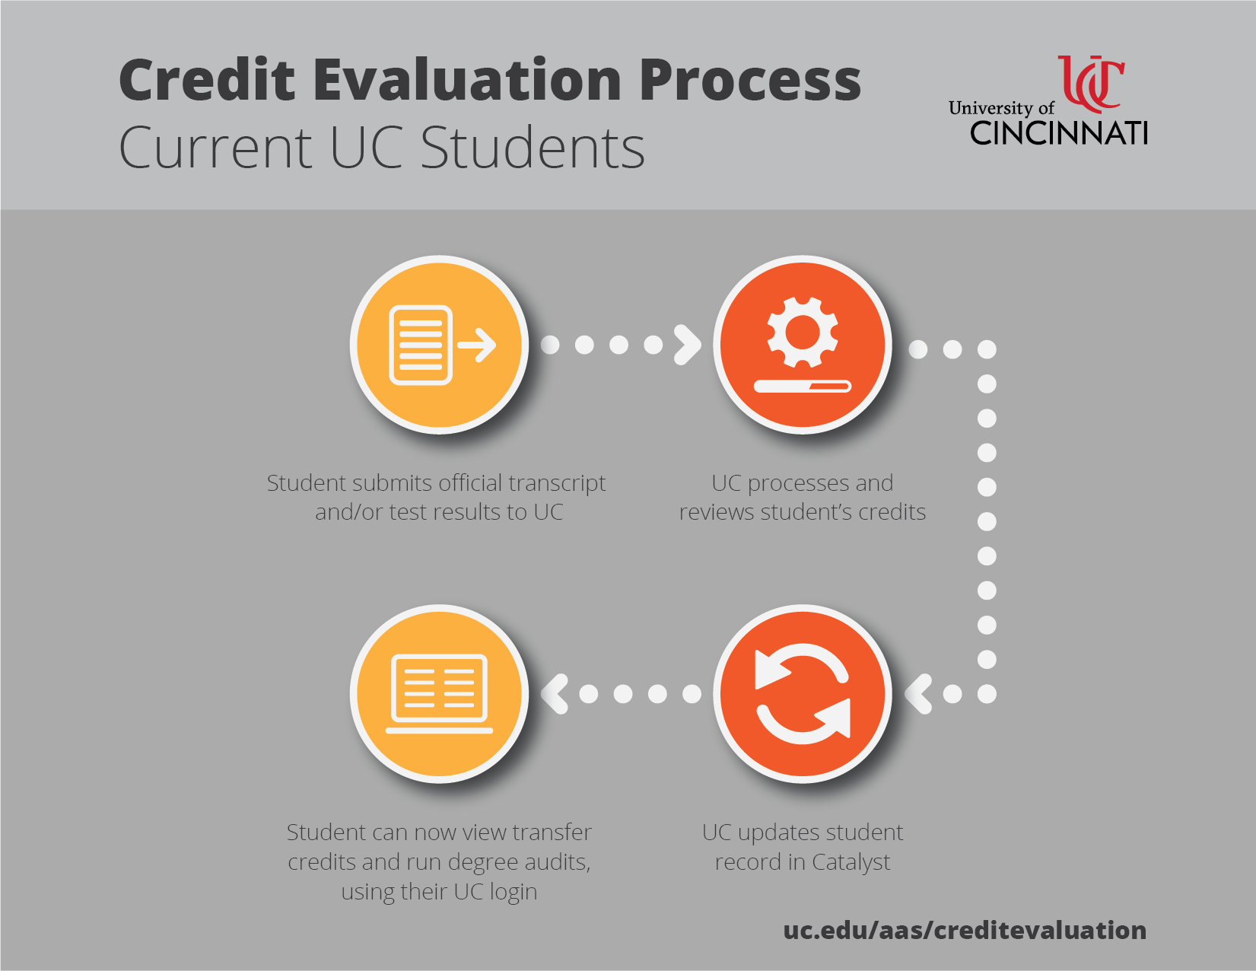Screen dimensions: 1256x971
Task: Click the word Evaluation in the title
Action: point(467,80)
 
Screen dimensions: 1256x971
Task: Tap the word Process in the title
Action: point(750,80)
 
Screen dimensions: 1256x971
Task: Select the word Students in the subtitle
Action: point(533,148)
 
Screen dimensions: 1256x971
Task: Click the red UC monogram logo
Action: point(1091,84)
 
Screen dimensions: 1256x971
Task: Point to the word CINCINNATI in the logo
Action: point(1058,133)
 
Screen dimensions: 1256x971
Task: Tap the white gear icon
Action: point(803,332)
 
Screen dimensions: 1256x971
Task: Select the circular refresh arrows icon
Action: point(803,693)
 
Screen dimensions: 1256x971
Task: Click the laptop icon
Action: point(439,694)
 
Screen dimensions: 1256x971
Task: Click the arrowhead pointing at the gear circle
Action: point(688,345)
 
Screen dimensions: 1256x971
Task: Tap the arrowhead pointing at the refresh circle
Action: point(918,693)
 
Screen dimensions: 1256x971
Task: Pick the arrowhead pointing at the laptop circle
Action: point(555,693)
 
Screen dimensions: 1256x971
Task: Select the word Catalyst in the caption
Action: point(851,862)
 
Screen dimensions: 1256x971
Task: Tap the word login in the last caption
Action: point(514,892)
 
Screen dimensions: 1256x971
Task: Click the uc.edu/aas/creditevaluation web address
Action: point(965,931)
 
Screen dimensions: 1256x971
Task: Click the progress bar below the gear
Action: point(803,386)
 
